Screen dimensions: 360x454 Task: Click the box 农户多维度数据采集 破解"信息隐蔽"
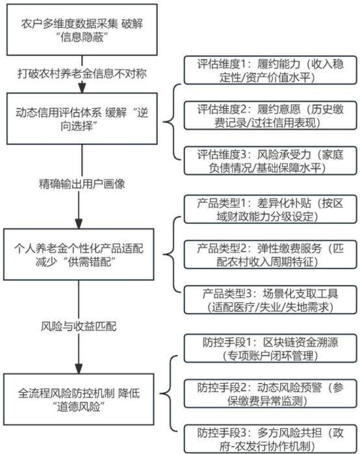tap(82, 29)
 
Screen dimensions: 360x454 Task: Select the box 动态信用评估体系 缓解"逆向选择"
tap(82, 118)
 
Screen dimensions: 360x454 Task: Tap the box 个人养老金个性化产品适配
tap(79, 254)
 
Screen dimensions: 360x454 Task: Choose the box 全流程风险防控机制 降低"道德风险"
tap(79, 399)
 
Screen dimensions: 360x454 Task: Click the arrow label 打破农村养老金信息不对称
tap(82, 73)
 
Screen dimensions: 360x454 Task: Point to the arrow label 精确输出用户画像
tap(82, 184)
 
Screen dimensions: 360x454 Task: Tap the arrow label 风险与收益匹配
tap(79, 327)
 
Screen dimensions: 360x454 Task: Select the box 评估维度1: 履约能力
tap(270, 70)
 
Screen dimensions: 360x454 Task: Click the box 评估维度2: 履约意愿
tap(270, 116)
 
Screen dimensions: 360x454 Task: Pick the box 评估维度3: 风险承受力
tap(270, 161)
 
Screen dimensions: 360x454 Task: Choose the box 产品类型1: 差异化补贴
tap(270, 209)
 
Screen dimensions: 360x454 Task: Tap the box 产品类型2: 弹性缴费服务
tap(270, 254)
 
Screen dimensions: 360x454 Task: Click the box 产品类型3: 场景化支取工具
tap(270, 300)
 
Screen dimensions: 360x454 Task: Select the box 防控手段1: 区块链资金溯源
tap(270, 349)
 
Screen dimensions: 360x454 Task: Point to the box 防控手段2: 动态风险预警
tap(270, 394)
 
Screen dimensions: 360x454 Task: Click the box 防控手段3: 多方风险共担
tap(270, 439)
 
